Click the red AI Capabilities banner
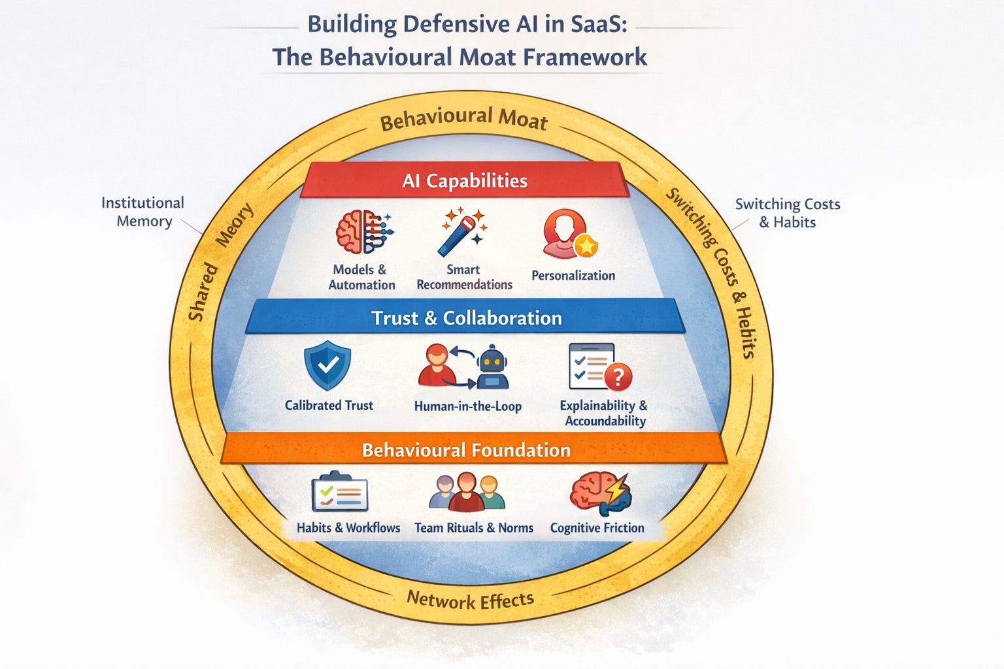(464, 180)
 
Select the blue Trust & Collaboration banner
(466, 318)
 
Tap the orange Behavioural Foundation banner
(466, 449)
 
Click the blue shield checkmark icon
(327, 367)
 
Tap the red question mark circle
(618, 377)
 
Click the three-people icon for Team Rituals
(466, 493)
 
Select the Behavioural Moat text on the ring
(463, 120)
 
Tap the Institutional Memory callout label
(143, 212)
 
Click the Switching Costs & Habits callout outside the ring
(787, 213)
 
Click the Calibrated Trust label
(329, 405)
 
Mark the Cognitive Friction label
(597, 527)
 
